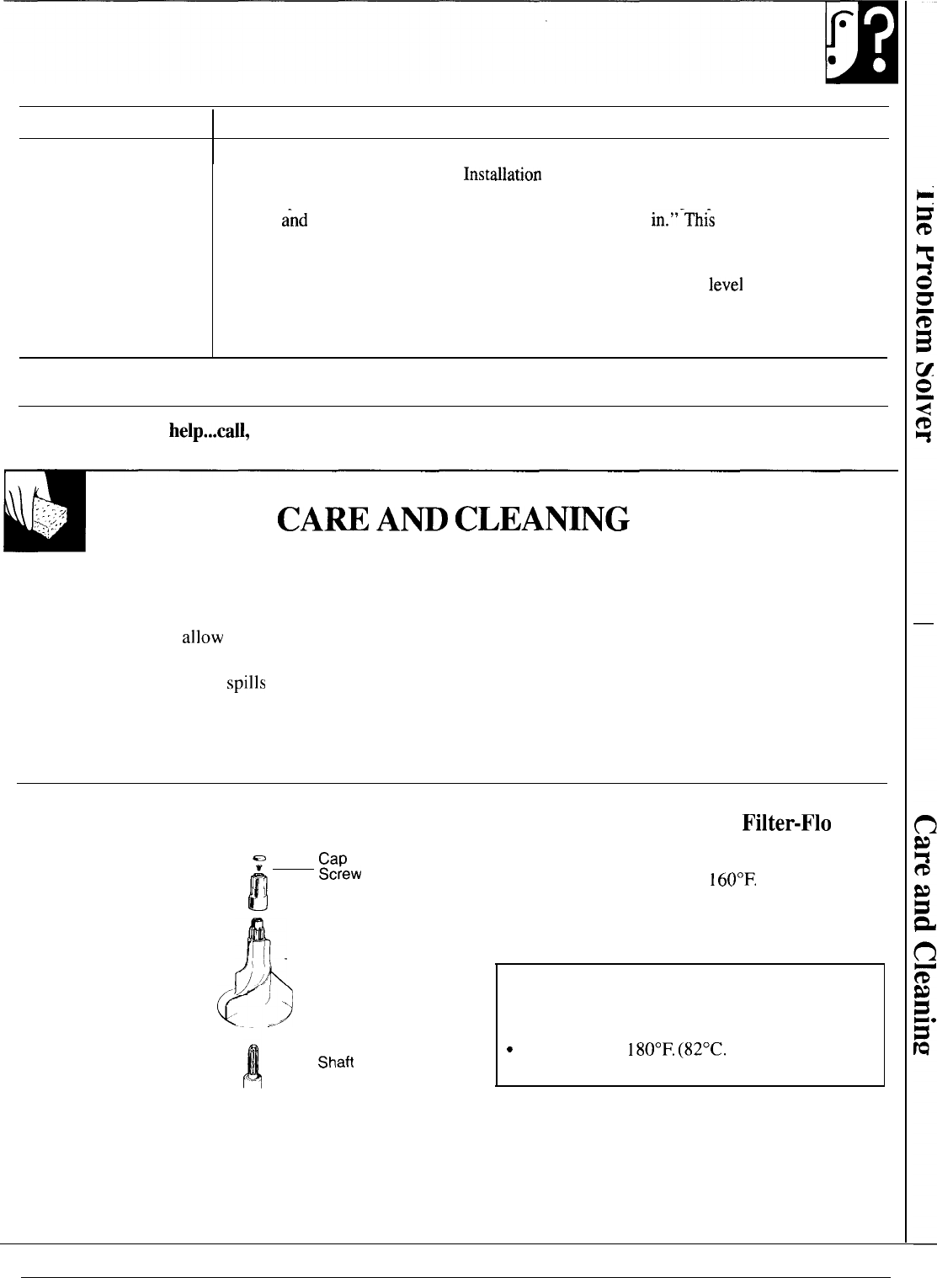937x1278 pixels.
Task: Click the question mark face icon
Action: (861, 49)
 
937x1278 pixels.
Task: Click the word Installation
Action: (502, 175)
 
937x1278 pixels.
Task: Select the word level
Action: (726, 285)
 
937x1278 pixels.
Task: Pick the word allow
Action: (203, 637)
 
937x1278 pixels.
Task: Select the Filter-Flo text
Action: (787, 823)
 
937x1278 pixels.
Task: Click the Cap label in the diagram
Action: (333, 859)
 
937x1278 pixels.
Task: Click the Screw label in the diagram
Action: (340, 874)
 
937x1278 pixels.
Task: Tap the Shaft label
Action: (336, 1062)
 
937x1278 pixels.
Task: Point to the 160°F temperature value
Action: (734, 881)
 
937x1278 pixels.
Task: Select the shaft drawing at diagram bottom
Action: (253, 1065)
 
